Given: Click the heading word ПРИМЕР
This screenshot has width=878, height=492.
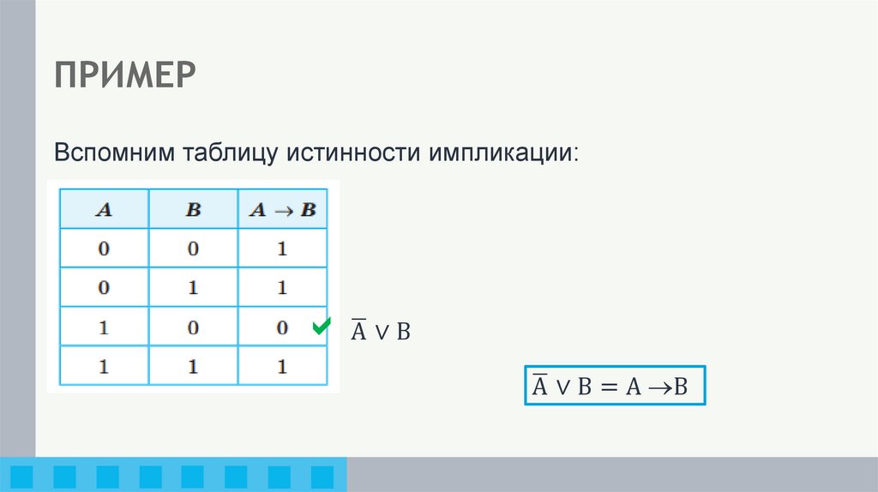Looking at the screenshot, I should (126, 76).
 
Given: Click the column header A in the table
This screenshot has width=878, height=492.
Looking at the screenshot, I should (104, 210).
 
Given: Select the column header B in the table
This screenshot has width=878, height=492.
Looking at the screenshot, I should (193, 210).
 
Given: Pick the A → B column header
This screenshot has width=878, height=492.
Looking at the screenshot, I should (282, 210).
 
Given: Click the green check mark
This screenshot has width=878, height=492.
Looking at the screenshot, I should (322, 327).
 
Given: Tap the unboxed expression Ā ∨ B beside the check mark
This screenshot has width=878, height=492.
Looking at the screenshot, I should (381, 332).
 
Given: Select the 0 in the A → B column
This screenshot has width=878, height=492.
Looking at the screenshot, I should (282, 328).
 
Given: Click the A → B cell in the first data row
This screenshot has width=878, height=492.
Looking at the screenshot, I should (282, 249).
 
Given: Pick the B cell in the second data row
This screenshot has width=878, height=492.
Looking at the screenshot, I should (193, 289).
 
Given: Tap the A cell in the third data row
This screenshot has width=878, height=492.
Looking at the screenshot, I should (104, 328).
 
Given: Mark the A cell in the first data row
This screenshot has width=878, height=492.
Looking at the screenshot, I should (104, 249).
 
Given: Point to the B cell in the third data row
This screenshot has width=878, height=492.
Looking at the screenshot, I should (193, 328).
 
